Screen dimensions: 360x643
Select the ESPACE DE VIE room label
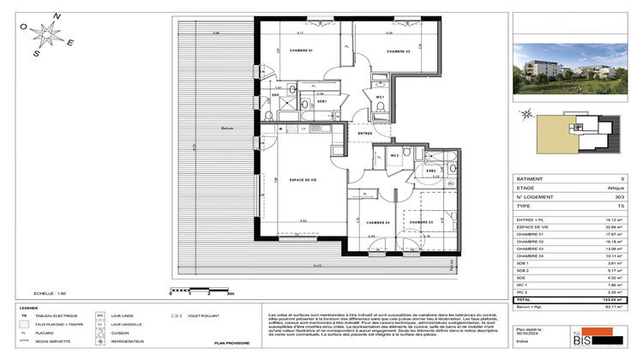279,180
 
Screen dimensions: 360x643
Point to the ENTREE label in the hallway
365,135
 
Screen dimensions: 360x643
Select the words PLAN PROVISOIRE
219,342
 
